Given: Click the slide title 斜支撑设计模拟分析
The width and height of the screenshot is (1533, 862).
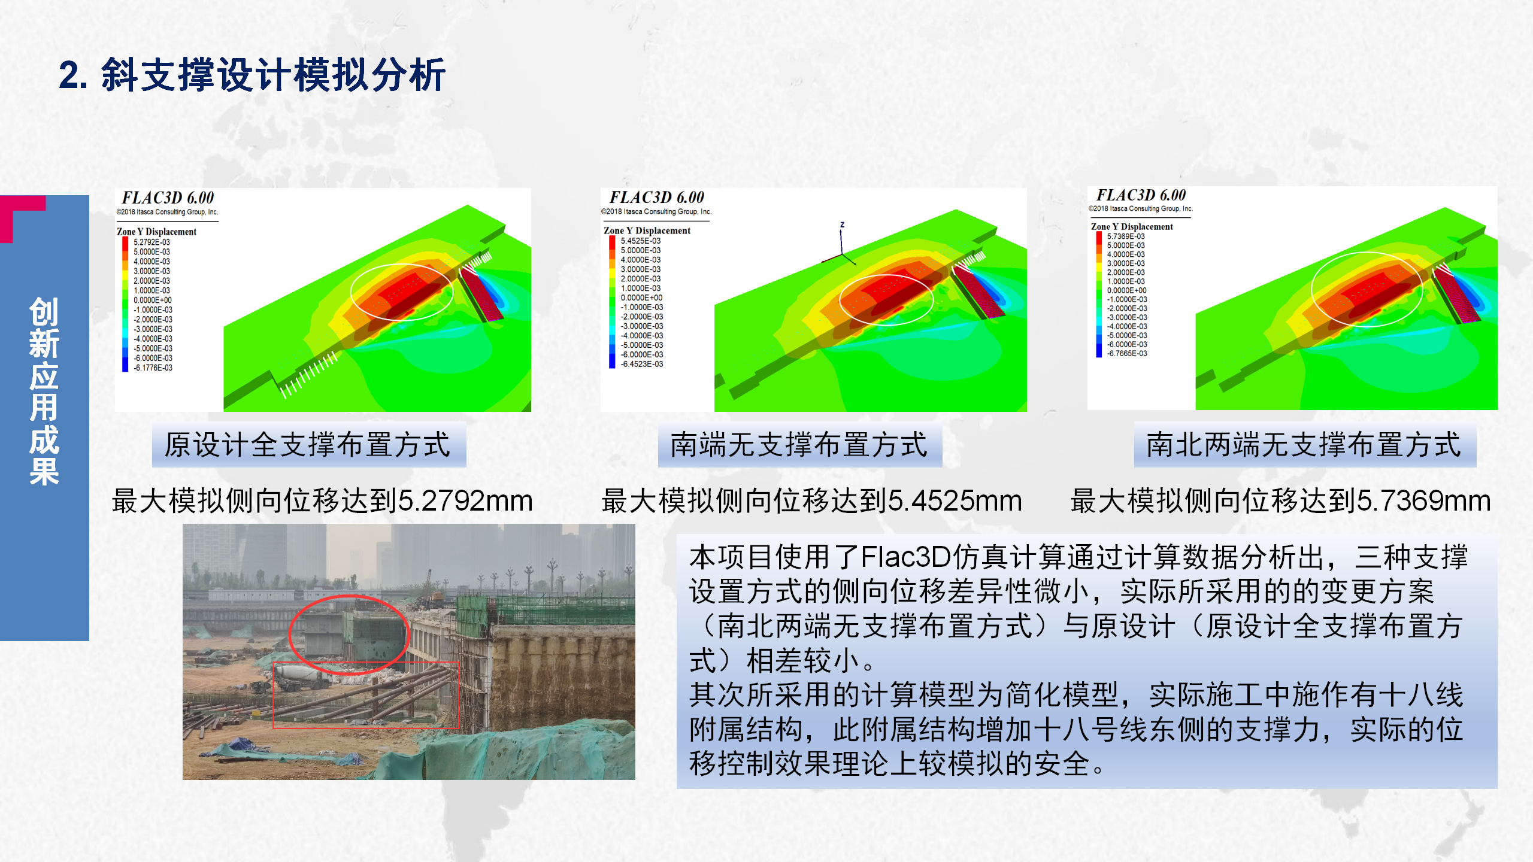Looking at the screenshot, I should click(272, 75).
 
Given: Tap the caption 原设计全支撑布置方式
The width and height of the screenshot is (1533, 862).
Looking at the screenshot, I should click(308, 445).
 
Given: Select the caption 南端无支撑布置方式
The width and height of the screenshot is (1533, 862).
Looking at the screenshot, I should click(799, 445).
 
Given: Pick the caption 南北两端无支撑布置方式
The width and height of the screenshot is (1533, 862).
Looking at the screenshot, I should click(1304, 445).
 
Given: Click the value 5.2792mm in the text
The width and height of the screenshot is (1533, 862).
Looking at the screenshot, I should click(465, 500).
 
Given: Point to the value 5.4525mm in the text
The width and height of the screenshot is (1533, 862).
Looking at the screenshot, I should click(955, 500).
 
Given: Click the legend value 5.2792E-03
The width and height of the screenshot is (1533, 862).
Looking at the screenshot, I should click(152, 242).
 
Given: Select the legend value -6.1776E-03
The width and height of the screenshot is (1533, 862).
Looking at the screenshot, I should click(153, 368).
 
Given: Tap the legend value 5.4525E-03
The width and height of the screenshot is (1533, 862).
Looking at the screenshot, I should click(641, 241).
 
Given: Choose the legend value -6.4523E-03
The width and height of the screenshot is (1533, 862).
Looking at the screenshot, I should click(642, 364).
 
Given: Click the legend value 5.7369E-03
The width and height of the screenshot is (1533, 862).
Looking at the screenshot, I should click(1126, 236).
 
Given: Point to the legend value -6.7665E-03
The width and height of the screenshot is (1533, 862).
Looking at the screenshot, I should click(1127, 354).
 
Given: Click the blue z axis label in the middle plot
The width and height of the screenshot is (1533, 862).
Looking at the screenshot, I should click(842, 225).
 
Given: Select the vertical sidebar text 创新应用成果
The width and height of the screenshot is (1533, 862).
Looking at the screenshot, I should click(44, 391).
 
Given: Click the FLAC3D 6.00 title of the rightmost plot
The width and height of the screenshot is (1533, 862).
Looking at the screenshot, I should click(1141, 195).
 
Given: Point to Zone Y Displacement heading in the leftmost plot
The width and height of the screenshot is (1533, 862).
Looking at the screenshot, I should click(156, 232).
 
